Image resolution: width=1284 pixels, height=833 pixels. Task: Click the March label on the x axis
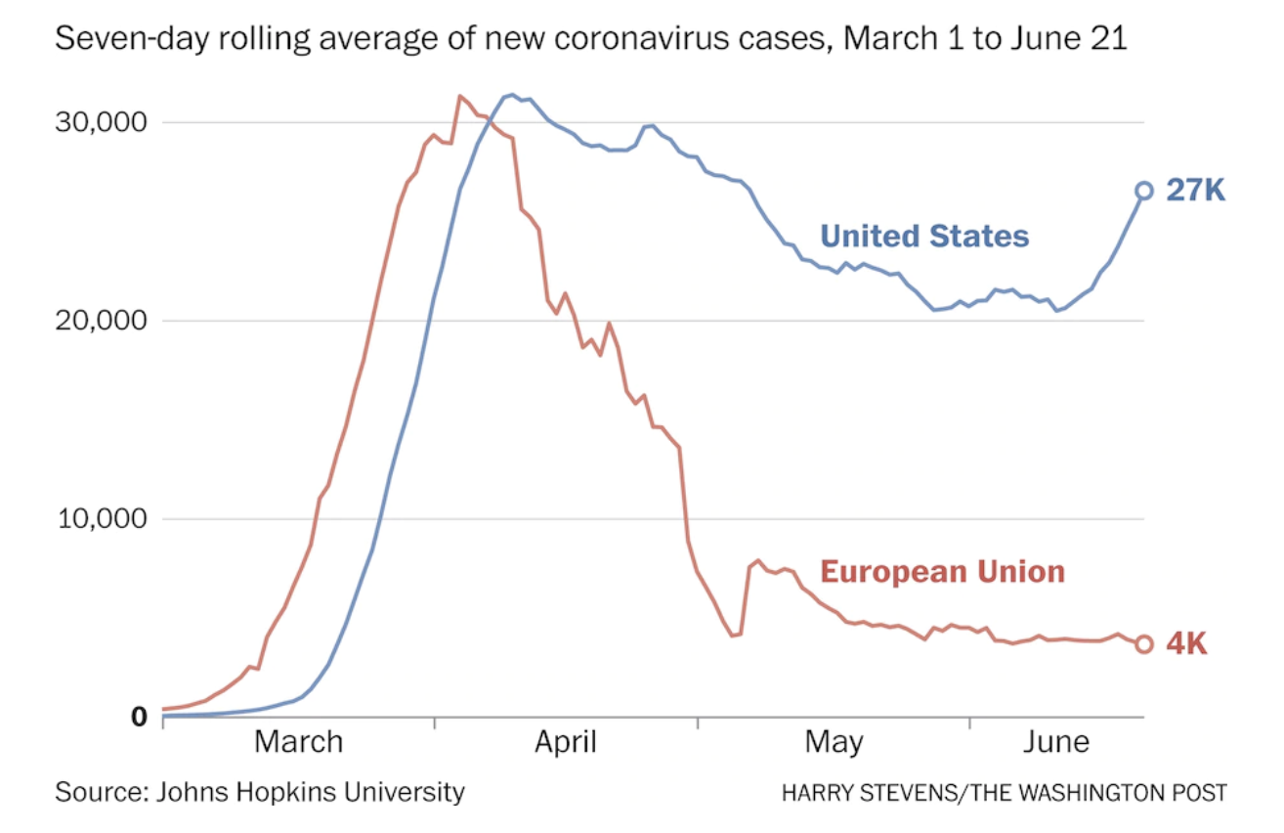pyautogui.click(x=298, y=742)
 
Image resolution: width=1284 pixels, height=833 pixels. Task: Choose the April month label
pyautogui.click(x=565, y=742)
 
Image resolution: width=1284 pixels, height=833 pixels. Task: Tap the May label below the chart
pyautogui.click(x=834, y=742)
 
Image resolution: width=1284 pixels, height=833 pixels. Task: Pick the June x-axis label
pyautogui.click(x=1056, y=742)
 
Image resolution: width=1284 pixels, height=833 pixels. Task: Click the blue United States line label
pyautogui.click(x=924, y=236)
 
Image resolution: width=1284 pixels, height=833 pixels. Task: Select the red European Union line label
pyautogui.click(x=942, y=571)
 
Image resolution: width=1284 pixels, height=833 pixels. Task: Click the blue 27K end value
pyautogui.click(x=1195, y=191)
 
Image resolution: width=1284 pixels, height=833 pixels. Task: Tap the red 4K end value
pyautogui.click(x=1186, y=644)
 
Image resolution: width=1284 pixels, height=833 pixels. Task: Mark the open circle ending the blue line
pyautogui.click(x=1144, y=191)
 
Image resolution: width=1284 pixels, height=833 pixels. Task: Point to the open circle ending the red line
pyautogui.click(x=1144, y=643)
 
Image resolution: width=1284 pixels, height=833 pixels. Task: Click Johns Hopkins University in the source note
pyautogui.click(x=310, y=791)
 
